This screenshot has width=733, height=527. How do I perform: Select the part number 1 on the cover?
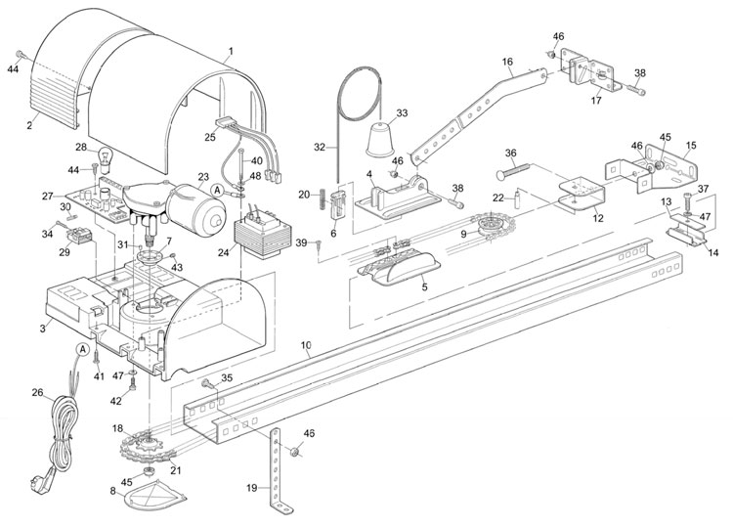pos(230,50)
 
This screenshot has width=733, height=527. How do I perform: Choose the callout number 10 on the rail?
pos(306,347)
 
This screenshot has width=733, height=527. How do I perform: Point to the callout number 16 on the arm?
pos(506,62)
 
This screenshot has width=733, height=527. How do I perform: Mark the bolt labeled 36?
pos(512,170)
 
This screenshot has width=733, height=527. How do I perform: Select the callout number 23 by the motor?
pos(202,177)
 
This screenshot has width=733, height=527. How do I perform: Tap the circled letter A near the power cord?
pos(83,349)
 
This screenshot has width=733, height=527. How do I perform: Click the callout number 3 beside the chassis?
pos(42,329)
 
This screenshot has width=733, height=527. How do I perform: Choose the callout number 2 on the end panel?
pos(29,124)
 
